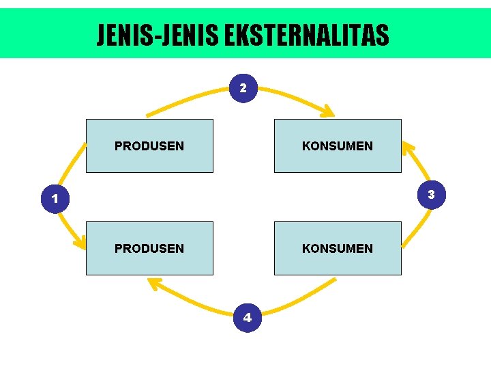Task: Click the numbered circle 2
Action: click(243, 88)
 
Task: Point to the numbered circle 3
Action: click(431, 194)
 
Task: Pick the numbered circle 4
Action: click(248, 317)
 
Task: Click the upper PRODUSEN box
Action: click(149, 146)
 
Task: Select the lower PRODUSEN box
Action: click(149, 248)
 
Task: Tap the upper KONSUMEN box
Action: click(338, 146)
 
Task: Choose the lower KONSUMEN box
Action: click(338, 248)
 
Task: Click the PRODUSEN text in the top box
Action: click(149, 146)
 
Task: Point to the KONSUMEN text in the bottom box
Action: click(338, 248)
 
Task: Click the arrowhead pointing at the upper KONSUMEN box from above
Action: click(328, 111)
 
